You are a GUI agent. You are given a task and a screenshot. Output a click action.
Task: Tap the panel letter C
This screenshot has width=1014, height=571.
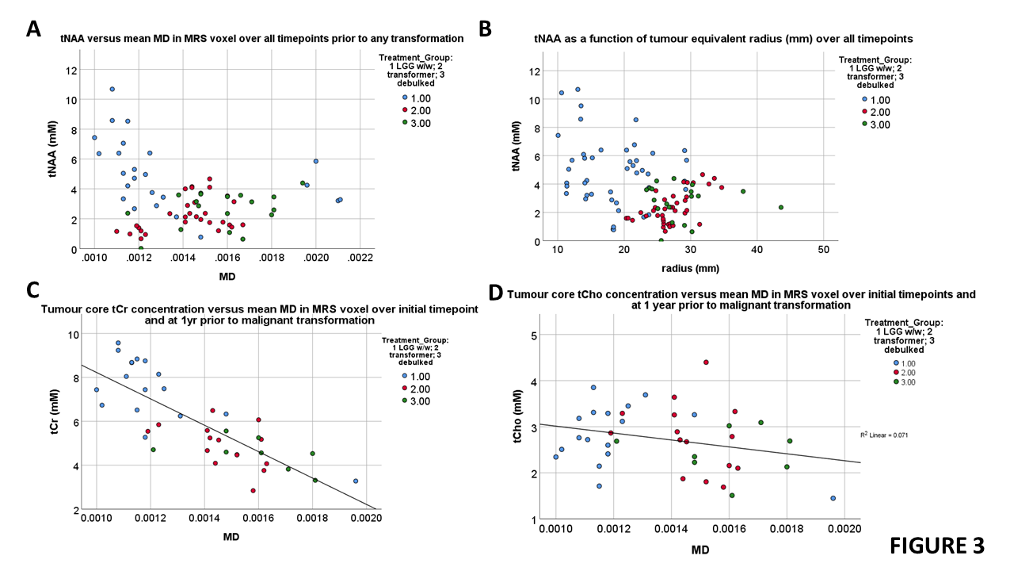(x=33, y=292)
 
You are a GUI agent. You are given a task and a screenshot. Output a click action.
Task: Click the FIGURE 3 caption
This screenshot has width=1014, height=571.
(x=937, y=546)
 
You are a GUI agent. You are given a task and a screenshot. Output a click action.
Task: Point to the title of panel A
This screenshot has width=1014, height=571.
(x=262, y=37)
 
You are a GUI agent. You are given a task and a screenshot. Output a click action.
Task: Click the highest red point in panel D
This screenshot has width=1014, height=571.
(x=706, y=362)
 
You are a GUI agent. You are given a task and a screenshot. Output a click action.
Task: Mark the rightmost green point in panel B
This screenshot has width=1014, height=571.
(x=780, y=208)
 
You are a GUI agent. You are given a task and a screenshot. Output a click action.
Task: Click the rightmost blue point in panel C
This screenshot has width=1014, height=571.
(x=356, y=481)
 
